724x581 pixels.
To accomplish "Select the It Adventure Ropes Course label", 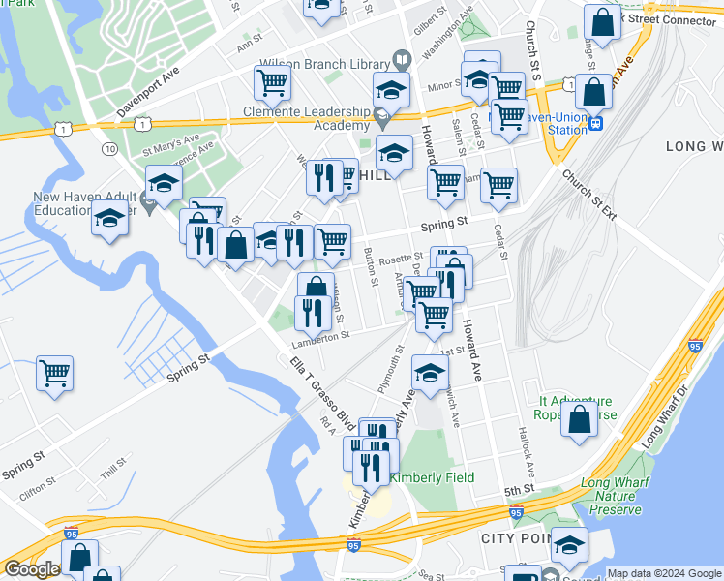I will click(x=575, y=408).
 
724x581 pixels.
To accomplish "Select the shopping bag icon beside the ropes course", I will click(x=579, y=420).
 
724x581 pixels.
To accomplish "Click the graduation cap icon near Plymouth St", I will click(x=431, y=372).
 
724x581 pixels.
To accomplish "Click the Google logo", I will click(x=32, y=570).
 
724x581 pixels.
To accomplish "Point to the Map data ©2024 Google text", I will click(x=663, y=573).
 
